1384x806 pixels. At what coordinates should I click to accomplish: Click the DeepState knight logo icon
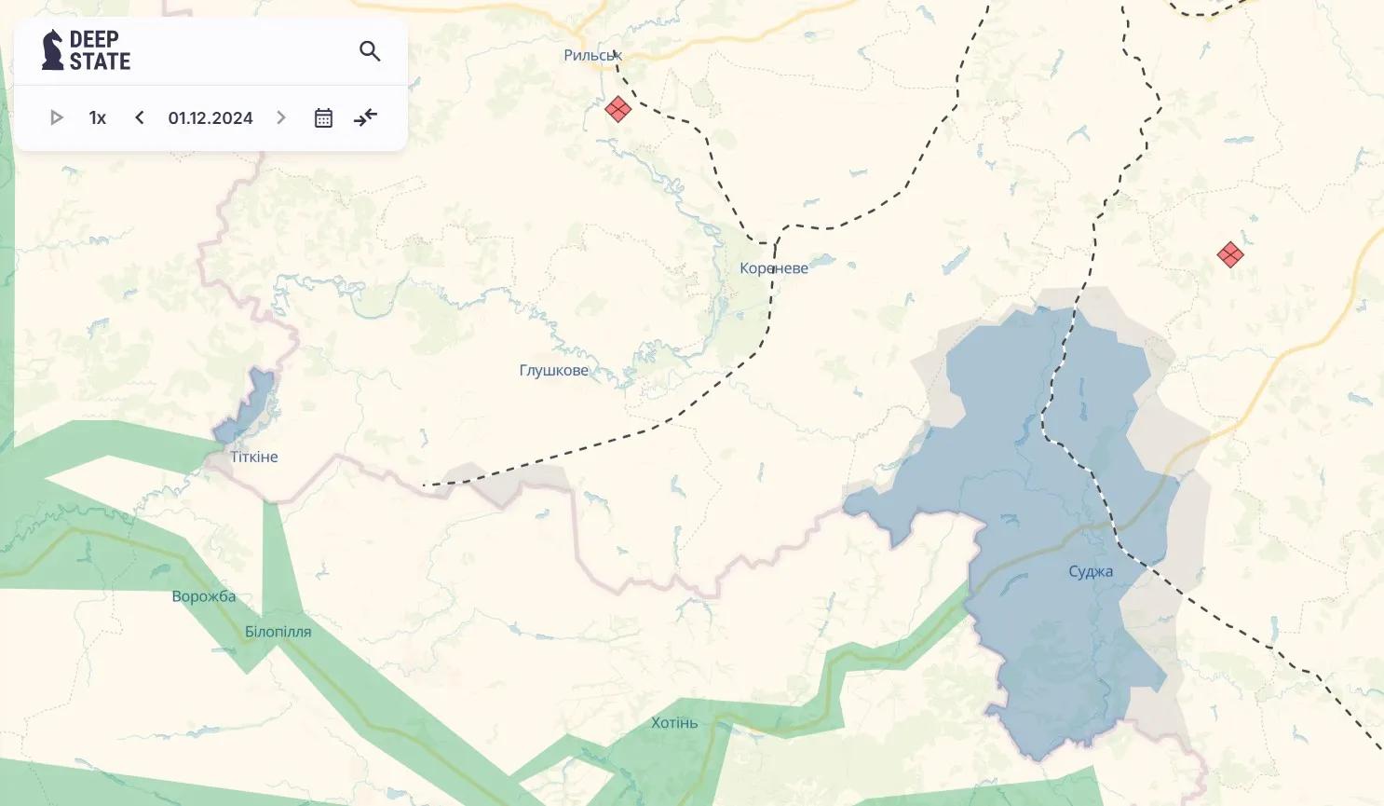pyautogui.click(x=53, y=50)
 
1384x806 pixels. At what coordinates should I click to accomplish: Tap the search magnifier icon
pyautogui.click(x=370, y=51)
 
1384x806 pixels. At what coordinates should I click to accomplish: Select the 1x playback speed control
pyautogui.click(x=98, y=118)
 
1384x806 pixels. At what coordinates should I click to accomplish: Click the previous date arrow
pyautogui.click(x=140, y=117)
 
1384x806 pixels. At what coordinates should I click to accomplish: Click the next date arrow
pyautogui.click(x=281, y=117)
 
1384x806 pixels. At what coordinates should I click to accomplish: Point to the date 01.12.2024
pyautogui.click(x=210, y=118)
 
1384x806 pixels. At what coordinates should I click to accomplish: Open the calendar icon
pyautogui.click(x=323, y=118)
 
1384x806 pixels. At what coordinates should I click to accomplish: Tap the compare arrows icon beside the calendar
pyautogui.click(x=366, y=117)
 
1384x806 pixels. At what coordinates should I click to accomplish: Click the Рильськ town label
pyautogui.click(x=592, y=56)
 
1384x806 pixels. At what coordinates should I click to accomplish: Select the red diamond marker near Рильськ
pyautogui.click(x=617, y=109)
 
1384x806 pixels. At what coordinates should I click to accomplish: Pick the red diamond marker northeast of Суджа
pyautogui.click(x=1230, y=254)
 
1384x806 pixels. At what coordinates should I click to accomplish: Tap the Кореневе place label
pyautogui.click(x=774, y=268)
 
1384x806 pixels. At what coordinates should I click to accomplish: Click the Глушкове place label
pyautogui.click(x=554, y=371)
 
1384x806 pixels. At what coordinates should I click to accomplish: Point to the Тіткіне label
pyautogui.click(x=254, y=458)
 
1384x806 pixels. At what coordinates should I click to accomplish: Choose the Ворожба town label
pyautogui.click(x=204, y=596)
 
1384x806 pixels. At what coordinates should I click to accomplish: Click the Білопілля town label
pyautogui.click(x=278, y=632)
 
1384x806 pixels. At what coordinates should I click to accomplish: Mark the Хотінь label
pyautogui.click(x=674, y=723)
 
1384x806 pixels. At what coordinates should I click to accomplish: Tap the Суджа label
pyautogui.click(x=1091, y=572)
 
